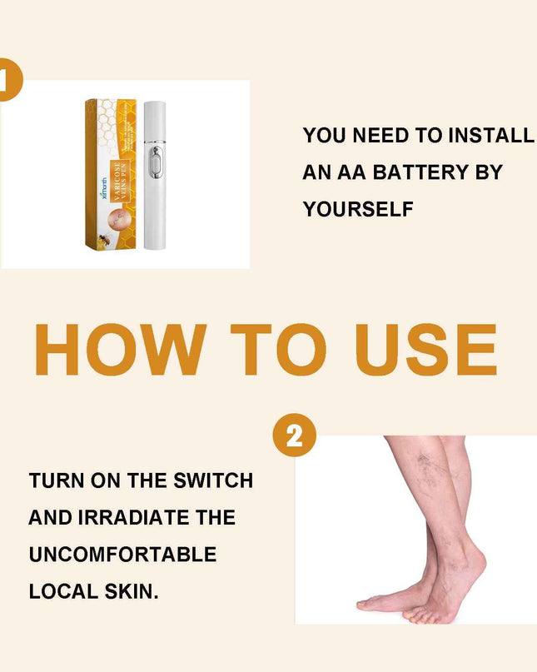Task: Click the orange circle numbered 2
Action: click(294, 435)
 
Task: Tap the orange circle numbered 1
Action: click(8, 79)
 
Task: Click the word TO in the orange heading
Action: click(270, 349)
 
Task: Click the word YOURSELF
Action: click(358, 210)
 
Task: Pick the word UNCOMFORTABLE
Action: click(122, 555)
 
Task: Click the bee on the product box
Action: click(105, 238)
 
